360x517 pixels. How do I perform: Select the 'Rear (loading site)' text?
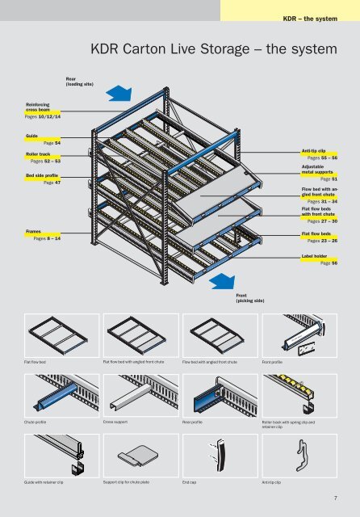click(80, 81)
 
